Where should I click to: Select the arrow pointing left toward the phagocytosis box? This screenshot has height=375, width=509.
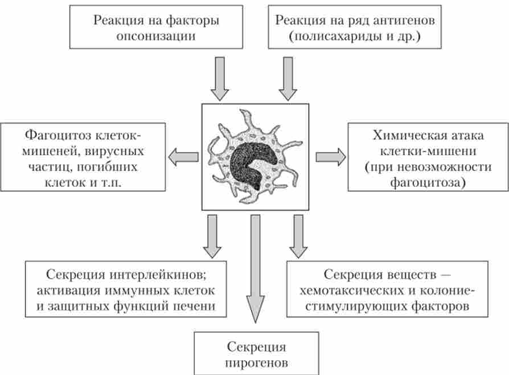coord(183,156)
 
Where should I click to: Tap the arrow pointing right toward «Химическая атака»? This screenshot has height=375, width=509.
coord(330,156)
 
